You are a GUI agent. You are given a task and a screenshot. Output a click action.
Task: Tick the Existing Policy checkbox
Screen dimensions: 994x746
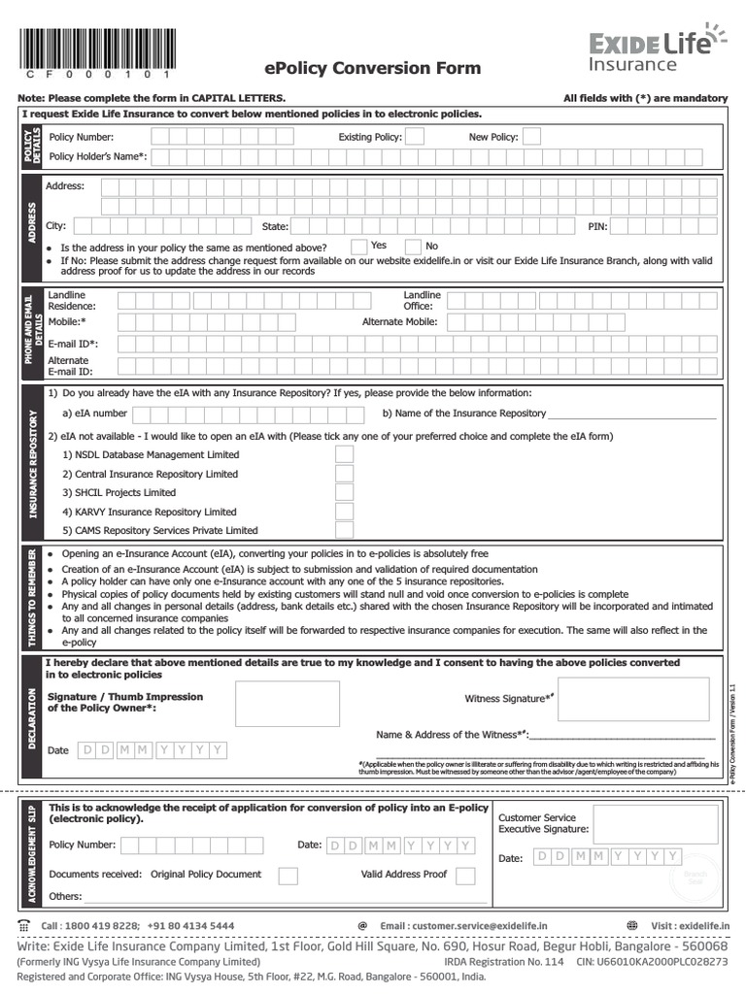414,137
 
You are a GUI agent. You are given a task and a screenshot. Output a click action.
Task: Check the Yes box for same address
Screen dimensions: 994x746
358,247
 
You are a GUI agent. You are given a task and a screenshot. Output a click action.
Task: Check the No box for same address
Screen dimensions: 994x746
413,247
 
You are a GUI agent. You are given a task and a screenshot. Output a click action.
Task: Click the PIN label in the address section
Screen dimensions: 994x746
597,226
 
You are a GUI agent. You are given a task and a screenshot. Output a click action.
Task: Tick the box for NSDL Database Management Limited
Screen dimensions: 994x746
344,454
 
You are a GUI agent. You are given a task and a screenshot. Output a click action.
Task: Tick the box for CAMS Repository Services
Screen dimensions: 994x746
344,530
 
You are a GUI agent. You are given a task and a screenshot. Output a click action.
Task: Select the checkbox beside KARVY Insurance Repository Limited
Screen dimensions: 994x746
344,512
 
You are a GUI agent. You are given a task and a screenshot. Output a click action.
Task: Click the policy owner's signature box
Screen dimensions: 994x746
288,704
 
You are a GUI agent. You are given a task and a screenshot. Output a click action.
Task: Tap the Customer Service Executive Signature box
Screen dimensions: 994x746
642,824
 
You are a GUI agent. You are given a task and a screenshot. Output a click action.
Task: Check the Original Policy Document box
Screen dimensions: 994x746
288,876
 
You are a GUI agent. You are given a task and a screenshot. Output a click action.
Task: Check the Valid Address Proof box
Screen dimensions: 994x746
465,876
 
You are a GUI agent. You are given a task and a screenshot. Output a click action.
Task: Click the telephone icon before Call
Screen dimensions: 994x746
24,926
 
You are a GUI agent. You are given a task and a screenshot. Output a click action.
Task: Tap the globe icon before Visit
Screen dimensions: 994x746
633,926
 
